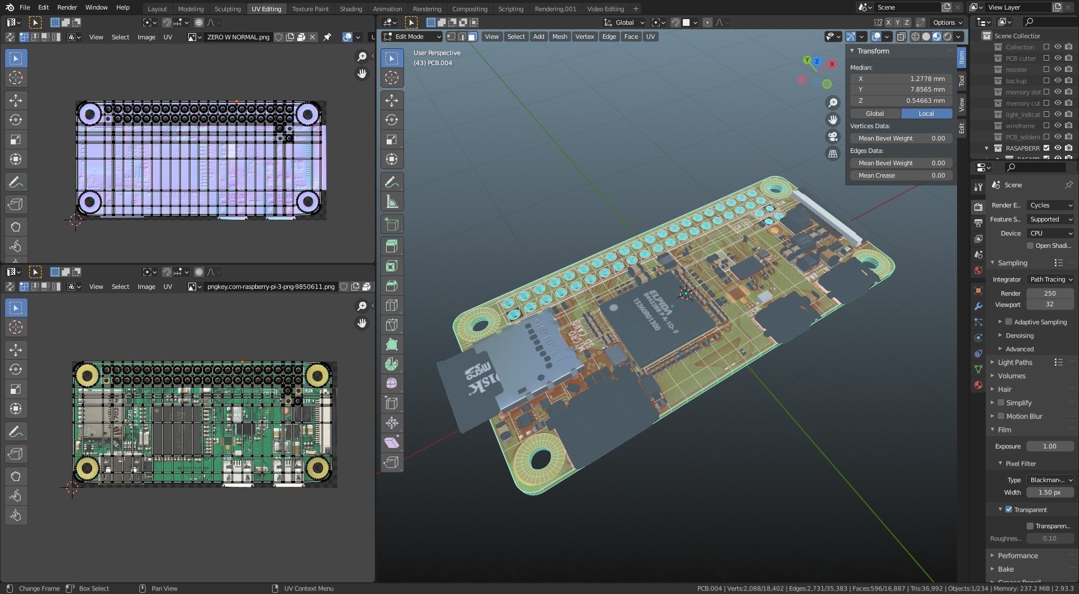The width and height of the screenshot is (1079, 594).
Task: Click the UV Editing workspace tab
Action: (266, 8)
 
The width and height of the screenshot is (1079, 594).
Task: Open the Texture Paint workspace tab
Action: (310, 8)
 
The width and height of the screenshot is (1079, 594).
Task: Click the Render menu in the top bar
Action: (67, 7)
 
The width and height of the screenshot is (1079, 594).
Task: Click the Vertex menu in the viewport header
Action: (584, 37)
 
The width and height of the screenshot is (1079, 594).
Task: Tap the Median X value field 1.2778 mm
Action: (901, 79)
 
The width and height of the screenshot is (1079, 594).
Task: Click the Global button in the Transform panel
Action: (874, 114)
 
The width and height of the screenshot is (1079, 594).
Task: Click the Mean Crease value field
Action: (901, 175)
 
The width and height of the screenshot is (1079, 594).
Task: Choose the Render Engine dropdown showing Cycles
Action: (1050, 205)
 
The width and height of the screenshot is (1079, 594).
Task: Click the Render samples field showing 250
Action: (1049, 293)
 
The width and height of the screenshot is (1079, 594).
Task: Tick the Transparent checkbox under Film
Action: (1009, 510)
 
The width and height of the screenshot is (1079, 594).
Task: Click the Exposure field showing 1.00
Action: (1049, 446)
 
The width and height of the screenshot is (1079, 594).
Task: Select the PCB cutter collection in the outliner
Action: (1021, 58)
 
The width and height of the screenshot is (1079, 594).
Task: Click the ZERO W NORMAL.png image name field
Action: (238, 37)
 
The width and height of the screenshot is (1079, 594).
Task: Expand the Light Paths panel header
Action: (1015, 362)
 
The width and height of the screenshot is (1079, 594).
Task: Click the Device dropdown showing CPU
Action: (1050, 233)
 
